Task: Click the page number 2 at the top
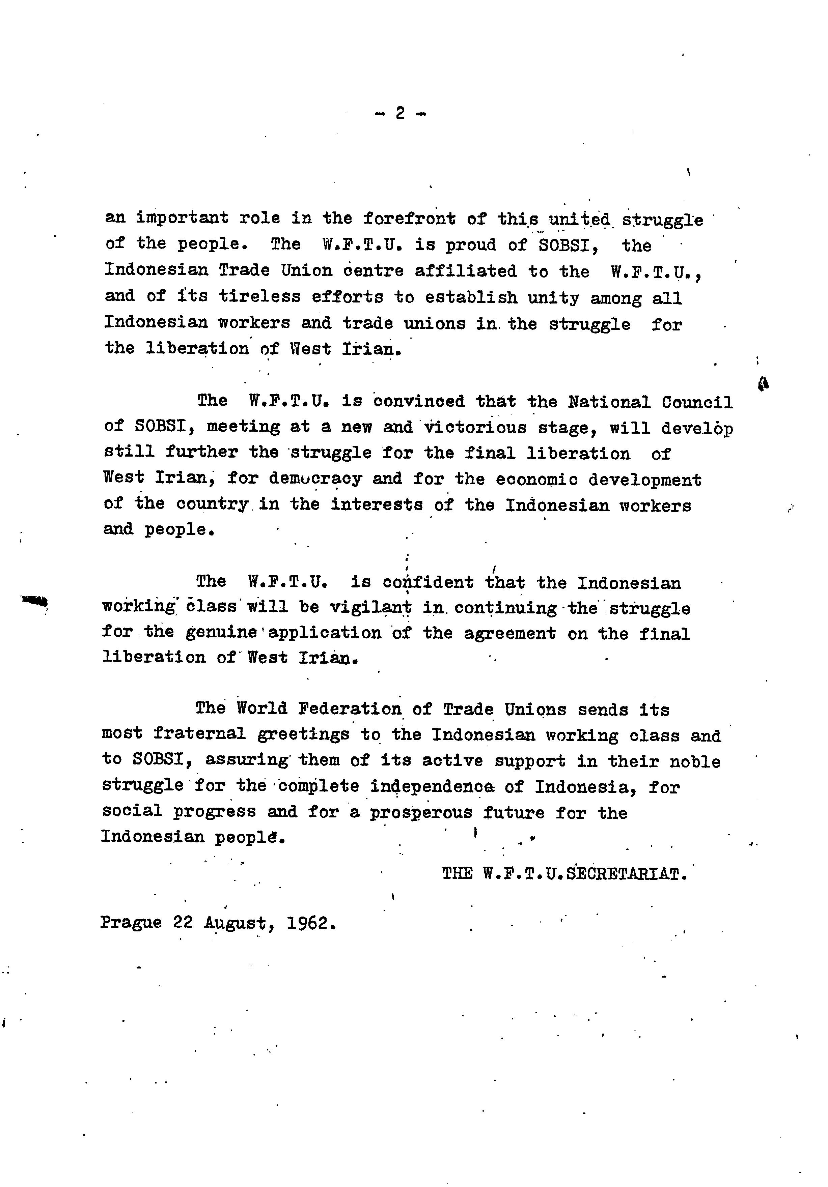[400, 113]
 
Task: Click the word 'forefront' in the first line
[409, 219]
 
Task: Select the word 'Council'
[697, 403]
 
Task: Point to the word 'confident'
[428, 583]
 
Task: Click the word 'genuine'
[221, 633]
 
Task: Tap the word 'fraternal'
[199, 734]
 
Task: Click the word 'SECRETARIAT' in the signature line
[627, 874]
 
